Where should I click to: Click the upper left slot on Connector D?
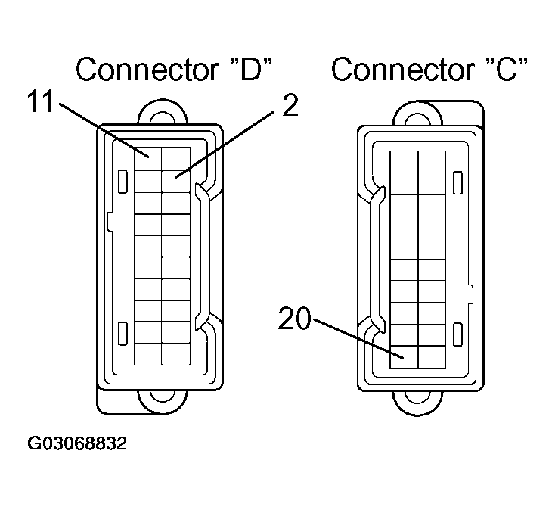click(121, 182)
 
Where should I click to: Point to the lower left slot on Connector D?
click(121, 331)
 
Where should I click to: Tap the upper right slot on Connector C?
click(457, 182)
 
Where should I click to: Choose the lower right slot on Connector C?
click(457, 331)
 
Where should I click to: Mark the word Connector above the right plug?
click(393, 70)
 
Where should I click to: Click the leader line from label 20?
click(355, 337)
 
